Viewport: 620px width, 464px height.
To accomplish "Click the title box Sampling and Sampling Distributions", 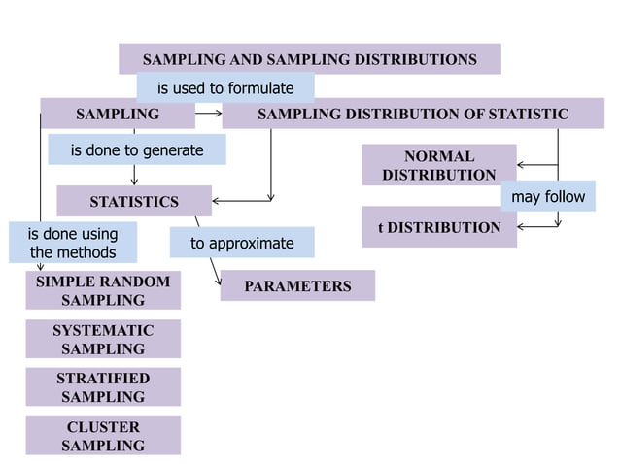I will tap(309, 59).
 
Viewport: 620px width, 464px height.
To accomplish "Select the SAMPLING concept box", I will tap(118, 114).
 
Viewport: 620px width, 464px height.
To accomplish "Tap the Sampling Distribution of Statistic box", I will tap(413, 114).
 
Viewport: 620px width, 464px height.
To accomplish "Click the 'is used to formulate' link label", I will tap(225, 88).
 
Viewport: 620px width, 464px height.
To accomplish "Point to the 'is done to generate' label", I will tap(137, 149).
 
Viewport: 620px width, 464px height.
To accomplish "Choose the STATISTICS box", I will tap(134, 202).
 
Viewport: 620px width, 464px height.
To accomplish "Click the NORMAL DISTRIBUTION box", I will tap(438, 165).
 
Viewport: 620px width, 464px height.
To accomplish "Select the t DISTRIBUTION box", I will tap(438, 227).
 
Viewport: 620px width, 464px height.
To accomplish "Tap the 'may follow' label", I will tap(548, 197).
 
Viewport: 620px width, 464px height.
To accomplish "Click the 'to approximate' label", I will tap(242, 243).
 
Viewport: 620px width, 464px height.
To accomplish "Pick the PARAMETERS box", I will tap(297, 286).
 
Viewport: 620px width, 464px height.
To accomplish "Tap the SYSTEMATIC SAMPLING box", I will tap(103, 340).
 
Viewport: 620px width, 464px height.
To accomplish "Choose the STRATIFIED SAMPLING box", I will tap(103, 387).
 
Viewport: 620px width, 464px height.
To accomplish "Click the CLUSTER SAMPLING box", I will tap(103, 436).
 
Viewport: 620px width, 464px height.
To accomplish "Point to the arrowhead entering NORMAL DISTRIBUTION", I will tap(522, 165).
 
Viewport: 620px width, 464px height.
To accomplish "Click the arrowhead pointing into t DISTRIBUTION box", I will tap(522, 226).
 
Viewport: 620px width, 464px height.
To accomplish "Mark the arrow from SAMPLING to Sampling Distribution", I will tap(208, 114).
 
